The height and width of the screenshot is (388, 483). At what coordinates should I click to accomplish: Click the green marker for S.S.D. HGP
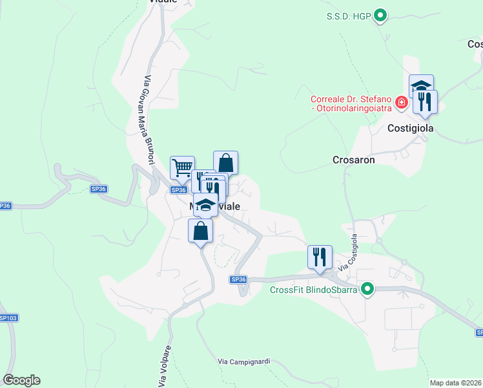tap(381, 16)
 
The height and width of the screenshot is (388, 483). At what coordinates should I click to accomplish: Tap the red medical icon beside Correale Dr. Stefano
tap(402, 102)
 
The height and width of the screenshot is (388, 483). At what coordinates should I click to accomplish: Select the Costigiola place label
tap(410, 128)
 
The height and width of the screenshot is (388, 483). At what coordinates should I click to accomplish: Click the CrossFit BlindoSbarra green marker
tap(367, 288)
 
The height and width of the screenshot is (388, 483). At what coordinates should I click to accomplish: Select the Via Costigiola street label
tap(348, 253)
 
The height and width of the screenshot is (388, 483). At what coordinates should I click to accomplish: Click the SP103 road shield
tap(8, 318)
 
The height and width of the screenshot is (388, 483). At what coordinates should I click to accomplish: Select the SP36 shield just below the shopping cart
tap(179, 189)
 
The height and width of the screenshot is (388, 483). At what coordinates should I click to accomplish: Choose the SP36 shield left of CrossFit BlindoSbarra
tap(238, 279)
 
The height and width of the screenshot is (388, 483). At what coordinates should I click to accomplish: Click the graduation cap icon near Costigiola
tap(421, 86)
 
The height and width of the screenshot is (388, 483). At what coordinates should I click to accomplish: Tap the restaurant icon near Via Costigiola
tap(320, 257)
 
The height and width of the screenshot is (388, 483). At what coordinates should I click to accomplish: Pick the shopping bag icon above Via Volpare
tap(200, 230)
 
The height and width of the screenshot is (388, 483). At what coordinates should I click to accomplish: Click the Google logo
tap(21, 380)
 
